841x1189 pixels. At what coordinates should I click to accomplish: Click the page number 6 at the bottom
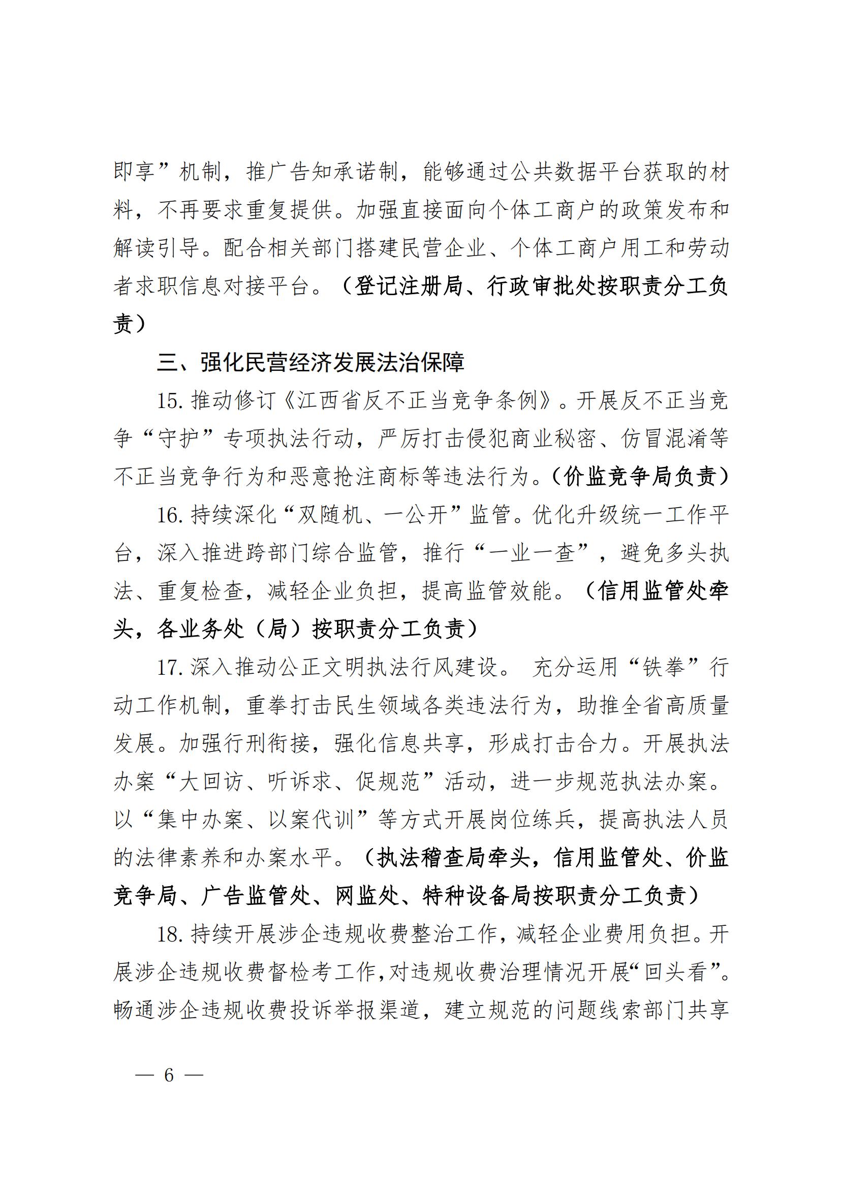pos(169,1075)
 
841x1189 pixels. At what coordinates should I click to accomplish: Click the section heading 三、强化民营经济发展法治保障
pos(310,362)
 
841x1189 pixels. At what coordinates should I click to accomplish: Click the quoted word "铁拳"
pos(663,668)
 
